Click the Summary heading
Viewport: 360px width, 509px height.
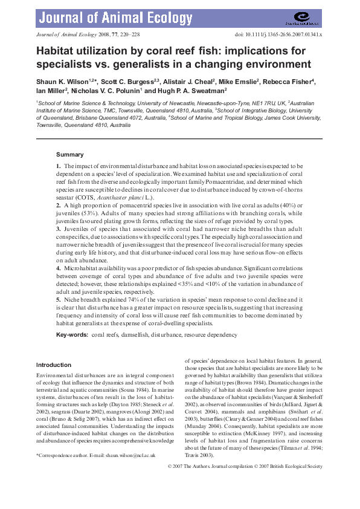click(69, 155)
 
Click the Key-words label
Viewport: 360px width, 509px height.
click(71, 334)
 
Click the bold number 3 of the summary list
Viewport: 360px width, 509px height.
click(58, 230)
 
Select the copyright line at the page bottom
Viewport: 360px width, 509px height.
click(244, 467)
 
